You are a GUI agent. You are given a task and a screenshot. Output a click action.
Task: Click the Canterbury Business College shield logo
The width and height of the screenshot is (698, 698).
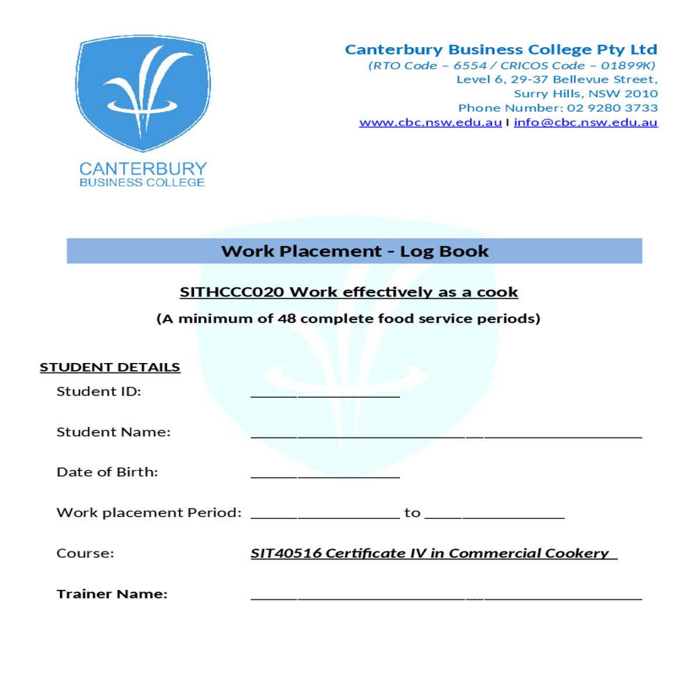point(143,93)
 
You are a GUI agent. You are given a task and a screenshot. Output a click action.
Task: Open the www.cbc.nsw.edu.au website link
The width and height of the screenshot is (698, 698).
point(430,123)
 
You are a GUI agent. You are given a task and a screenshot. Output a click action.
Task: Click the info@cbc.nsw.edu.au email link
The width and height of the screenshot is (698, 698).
point(585,123)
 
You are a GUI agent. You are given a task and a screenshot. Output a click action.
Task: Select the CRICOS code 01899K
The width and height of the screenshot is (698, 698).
point(628,66)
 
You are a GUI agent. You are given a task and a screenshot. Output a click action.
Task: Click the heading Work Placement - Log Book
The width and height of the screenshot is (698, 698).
point(354,251)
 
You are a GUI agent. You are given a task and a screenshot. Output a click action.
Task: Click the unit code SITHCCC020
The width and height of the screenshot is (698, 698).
point(232,292)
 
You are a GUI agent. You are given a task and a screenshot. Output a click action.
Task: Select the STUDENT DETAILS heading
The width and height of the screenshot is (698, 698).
point(110,368)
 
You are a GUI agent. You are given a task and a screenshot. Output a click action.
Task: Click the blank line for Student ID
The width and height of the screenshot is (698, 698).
point(325,394)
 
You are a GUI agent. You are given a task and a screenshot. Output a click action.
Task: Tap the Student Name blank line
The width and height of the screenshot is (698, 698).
point(446,435)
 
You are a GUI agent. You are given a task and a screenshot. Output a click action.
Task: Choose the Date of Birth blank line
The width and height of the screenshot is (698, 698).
point(325,475)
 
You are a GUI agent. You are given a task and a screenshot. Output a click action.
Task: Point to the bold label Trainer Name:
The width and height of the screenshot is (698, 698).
point(112,594)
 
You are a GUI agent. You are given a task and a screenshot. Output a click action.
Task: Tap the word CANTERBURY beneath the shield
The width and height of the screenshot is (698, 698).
point(143,169)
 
